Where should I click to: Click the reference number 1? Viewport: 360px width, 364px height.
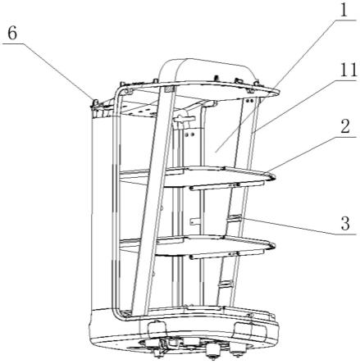(x=344, y=10)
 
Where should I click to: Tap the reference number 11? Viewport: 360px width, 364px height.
(x=349, y=70)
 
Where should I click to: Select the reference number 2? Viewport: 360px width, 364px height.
(x=345, y=126)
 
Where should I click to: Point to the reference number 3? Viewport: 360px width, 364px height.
(x=345, y=223)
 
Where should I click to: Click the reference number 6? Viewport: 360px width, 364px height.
(x=12, y=34)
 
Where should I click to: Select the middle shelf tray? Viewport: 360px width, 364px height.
(x=197, y=176)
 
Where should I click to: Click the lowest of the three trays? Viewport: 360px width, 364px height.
(x=197, y=245)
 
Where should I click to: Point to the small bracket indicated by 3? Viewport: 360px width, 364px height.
(x=235, y=218)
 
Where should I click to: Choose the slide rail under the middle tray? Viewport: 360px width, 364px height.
(x=227, y=186)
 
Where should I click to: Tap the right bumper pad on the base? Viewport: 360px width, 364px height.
(x=251, y=330)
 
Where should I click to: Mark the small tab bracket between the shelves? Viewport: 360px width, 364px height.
(x=194, y=221)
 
